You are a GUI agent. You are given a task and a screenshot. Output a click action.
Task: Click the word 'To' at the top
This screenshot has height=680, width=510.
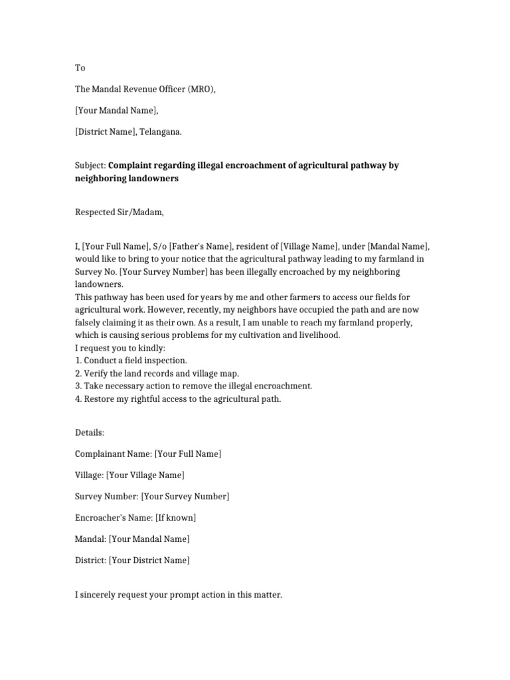tap(80, 68)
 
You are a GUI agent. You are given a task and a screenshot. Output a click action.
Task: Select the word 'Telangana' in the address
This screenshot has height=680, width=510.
tap(160, 131)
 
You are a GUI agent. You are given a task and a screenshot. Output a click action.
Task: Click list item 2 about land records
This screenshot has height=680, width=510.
tap(157, 373)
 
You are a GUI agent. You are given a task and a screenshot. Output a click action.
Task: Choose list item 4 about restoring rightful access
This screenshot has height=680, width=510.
tap(178, 399)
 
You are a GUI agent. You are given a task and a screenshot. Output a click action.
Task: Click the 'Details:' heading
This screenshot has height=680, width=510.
tap(90, 433)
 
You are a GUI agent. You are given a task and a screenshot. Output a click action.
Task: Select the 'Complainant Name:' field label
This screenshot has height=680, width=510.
tap(113, 454)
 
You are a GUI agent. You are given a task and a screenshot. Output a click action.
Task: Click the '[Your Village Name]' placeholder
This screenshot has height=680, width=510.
tap(145, 475)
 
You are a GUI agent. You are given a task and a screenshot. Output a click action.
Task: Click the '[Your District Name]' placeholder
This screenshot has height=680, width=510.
tap(149, 560)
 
